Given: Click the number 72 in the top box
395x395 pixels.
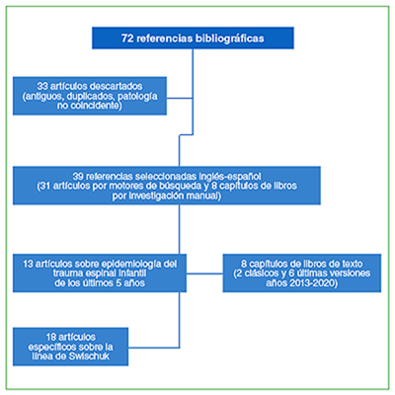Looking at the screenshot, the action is coord(127,39).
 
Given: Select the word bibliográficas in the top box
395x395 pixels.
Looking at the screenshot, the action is coord(230,39).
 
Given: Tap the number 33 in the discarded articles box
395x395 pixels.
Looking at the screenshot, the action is coord(42,86).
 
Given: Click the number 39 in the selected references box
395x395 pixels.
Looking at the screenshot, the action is coord(78,176).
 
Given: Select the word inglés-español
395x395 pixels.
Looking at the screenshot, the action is coord(230,176).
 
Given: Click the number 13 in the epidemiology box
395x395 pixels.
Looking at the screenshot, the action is coord(29,264).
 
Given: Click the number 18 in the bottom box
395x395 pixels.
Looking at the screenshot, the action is coord(51,337).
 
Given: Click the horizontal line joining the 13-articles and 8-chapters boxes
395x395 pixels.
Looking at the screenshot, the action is coord(204,274).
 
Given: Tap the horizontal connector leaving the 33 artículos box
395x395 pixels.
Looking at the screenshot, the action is coord(180,98).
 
